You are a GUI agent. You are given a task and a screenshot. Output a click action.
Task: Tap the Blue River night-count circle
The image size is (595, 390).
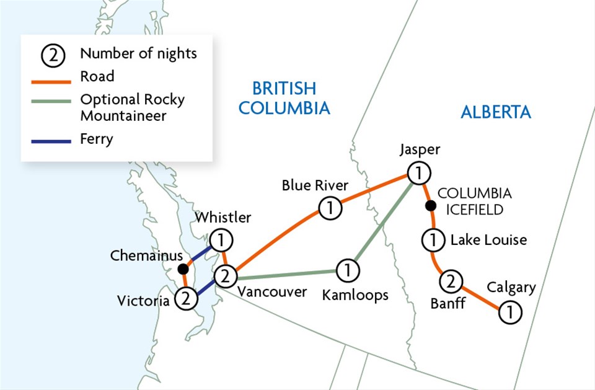pyautogui.click(x=330, y=208)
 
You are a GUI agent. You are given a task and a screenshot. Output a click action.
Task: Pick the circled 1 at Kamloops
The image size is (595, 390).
pyautogui.click(x=348, y=270)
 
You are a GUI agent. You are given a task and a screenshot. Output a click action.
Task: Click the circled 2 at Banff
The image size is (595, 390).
pyautogui.click(x=451, y=282)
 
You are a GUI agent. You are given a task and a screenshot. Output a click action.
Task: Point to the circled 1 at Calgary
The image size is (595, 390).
pyautogui.click(x=510, y=312)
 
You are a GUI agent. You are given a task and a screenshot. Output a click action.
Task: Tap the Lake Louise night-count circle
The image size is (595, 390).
pyautogui.click(x=434, y=239)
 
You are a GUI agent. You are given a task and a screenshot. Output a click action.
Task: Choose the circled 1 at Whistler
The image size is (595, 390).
pyautogui.click(x=220, y=239)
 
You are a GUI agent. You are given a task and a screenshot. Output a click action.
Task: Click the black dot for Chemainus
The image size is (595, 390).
pyautogui.click(x=183, y=269)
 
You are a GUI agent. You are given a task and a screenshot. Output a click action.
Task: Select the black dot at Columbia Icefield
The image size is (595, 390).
pyautogui.click(x=428, y=205)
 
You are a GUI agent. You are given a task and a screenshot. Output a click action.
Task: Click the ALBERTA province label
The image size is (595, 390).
pyautogui.click(x=496, y=112)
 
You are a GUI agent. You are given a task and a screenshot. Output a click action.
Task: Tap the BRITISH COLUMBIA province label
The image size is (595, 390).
pyautogui.click(x=284, y=98)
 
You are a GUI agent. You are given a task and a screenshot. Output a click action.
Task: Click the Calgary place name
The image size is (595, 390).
pyautogui.click(x=511, y=288)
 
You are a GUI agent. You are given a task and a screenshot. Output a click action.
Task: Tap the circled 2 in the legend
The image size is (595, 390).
pyautogui.click(x=53, y=55)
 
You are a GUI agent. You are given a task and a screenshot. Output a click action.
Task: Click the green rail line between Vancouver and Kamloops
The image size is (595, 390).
pyautogui.click(x=285, y=273)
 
